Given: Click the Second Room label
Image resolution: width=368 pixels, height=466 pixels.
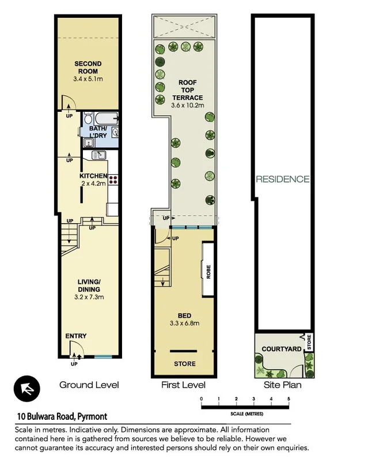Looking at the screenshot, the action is [88, 67].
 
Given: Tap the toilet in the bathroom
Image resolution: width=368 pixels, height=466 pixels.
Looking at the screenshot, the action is [88, 118].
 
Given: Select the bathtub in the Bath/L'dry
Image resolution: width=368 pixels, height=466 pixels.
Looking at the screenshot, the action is [107, 119].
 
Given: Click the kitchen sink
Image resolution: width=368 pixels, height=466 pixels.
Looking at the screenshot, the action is [99, 155].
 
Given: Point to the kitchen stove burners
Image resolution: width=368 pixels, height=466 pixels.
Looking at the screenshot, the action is [113, 179].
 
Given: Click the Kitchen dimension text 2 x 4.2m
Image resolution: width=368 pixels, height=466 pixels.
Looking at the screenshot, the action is [93, 183].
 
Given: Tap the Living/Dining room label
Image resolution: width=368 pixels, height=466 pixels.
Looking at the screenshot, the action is [89, 285].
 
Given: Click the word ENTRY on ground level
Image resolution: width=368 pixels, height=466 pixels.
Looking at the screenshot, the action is [76, 336].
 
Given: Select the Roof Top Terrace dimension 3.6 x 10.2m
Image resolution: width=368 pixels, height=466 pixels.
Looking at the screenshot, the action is [188, 105].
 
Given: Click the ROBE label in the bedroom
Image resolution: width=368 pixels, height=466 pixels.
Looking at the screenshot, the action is [208, 272].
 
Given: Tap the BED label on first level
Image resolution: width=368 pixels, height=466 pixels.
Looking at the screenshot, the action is [185, 315].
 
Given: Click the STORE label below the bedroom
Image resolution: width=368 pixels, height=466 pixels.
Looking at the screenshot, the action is [185, 364].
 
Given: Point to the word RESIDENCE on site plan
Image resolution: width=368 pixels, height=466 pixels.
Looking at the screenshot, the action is [283, 179].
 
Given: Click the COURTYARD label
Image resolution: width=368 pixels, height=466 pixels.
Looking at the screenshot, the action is [282, 349].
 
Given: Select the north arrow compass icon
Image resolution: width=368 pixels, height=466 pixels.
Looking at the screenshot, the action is [27, 389].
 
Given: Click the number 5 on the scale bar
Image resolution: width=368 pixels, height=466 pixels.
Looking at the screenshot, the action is [289, 399].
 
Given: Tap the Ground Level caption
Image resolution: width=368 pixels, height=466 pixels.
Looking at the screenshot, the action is [89, 385].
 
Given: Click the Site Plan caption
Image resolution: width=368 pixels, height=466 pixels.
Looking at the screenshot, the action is [283, 385].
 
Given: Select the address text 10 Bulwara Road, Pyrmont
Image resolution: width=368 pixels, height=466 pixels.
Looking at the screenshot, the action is [62, 416].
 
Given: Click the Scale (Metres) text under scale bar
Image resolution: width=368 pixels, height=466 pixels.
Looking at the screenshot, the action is [246, 414].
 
